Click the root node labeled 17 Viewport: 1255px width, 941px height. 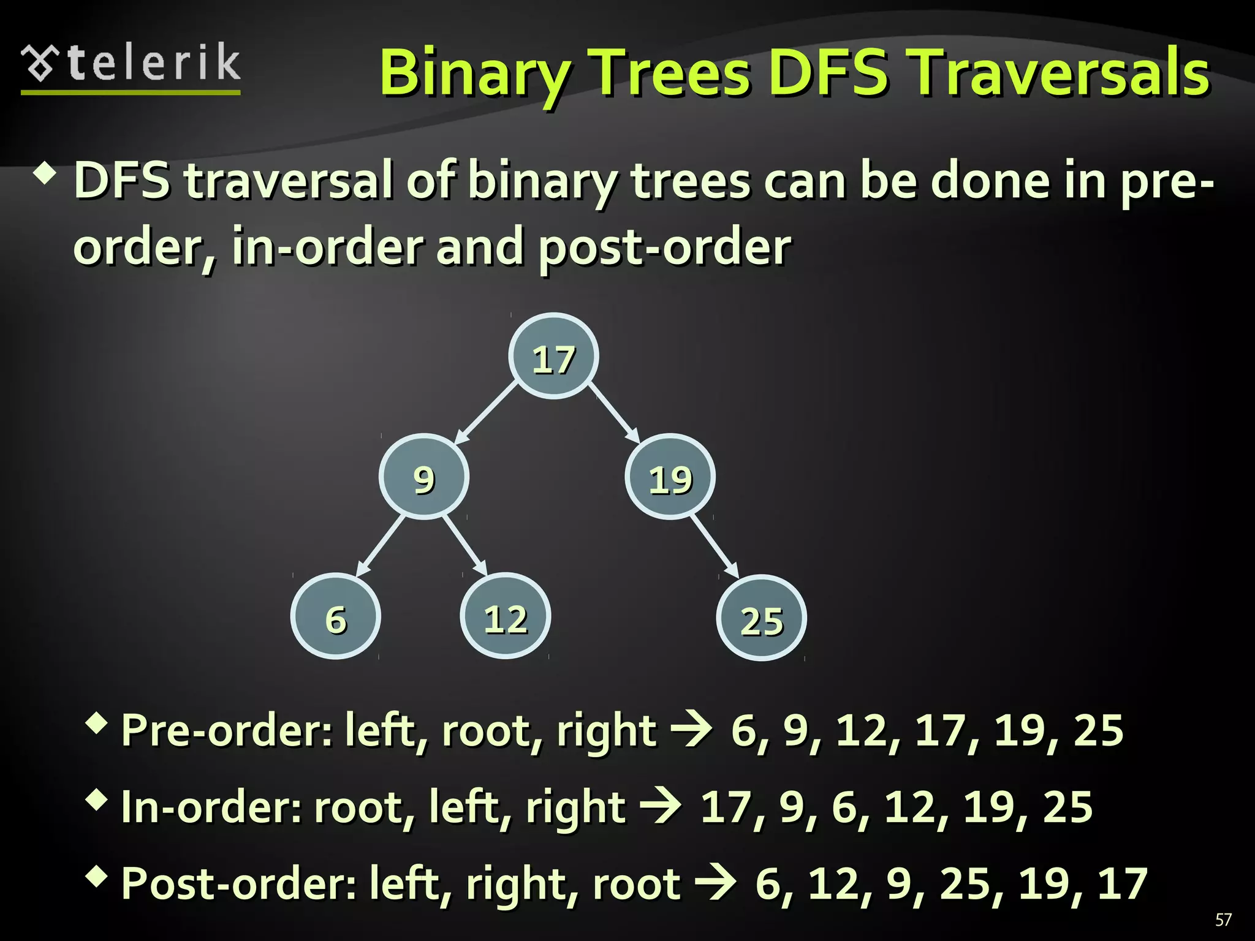(x=553, y=357)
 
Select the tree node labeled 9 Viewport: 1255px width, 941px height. (x=424, y=477)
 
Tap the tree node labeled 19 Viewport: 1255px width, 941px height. (x=670, y=477)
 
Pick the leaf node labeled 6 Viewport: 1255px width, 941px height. (x=336, y=616)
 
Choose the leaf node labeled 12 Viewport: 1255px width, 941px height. (x=506, y=616)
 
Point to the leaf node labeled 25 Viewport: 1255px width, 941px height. (x=762, y=618)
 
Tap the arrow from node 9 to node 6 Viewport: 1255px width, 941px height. (x=381, y=546)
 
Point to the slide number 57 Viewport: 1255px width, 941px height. (x=1223, y=920)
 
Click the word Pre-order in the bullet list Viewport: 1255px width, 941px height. (x=226, y=730)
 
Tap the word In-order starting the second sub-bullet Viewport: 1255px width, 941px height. (x=210, y=807)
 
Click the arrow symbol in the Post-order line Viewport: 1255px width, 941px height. (x=715, y=883)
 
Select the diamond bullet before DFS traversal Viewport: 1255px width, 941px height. (x=47, y=175)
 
